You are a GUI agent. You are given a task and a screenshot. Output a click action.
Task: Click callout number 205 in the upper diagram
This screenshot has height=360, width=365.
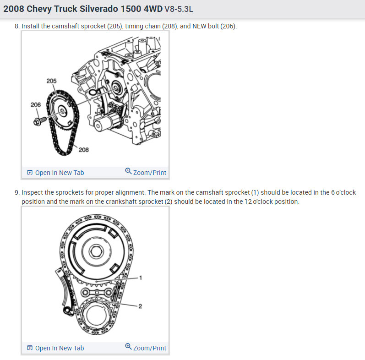tap(51, 81)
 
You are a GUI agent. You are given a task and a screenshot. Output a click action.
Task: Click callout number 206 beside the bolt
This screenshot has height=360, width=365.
tap(36, 105)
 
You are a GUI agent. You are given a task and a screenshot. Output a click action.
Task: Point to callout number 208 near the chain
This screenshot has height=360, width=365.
tap(83, 150)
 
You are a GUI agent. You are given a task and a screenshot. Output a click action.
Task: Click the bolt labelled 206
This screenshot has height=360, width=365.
tap(40, 121)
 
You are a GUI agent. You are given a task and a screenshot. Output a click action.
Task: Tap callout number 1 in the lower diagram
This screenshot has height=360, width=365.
tap(140, 278)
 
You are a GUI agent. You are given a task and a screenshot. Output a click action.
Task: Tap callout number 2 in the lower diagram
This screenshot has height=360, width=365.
tap(140, 306)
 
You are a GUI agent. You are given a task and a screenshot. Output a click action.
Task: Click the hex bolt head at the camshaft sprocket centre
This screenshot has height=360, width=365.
tap(95, 252)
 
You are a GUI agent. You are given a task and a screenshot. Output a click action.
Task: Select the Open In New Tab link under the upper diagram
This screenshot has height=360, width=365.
tap(60, 173)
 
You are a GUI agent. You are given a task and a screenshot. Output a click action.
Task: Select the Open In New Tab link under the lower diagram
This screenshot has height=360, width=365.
tap(60, 348)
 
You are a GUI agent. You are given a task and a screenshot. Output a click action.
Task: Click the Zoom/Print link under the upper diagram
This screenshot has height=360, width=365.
tap(150, 173)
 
